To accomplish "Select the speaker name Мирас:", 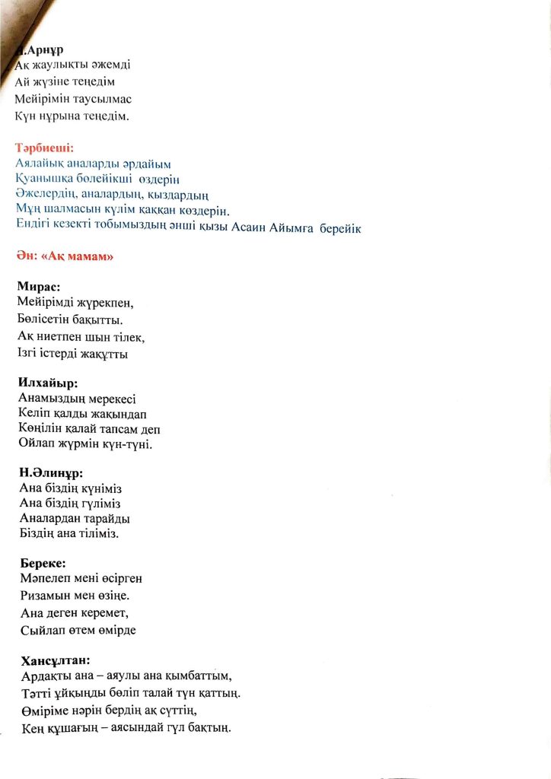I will click(39, 287).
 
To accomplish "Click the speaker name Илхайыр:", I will click(47, 383).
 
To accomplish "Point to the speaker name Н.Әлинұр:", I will click(51, 472).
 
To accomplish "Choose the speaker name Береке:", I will click(43, 564).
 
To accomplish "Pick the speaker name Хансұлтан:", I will click(56, 660).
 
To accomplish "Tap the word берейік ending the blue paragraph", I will click(341, 227).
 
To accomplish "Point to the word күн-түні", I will click(127, 444).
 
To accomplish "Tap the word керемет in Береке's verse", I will click(99, 611).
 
